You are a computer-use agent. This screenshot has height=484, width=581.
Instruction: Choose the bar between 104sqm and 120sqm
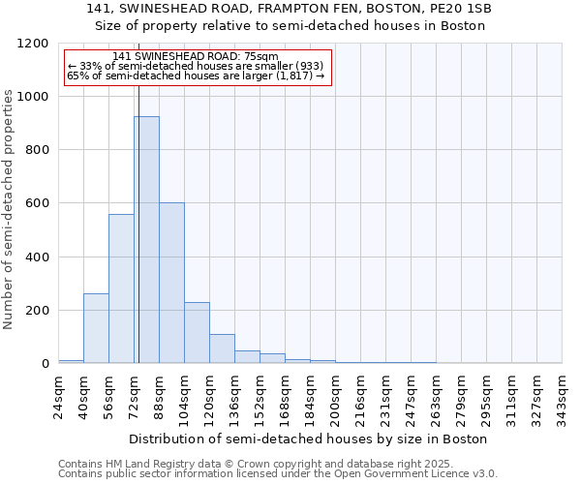coord(197,333)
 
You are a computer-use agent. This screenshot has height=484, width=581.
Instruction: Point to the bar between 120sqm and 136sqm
coord(222,348)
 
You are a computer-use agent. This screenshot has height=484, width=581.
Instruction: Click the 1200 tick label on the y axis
coord(32,44)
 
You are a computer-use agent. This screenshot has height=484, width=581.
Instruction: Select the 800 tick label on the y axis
coord(36,150)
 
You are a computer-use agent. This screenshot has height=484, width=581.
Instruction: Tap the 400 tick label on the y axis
coord(36,257)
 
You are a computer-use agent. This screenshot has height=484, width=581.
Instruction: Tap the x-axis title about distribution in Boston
coord(310,439)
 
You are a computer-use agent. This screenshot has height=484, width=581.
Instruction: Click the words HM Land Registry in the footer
coord(148,464)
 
